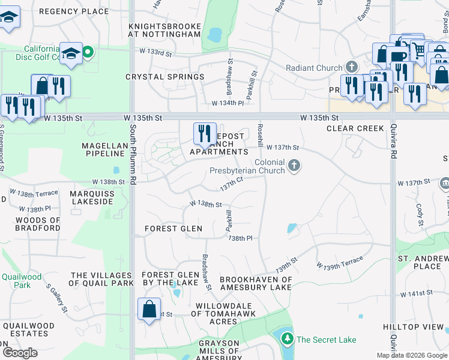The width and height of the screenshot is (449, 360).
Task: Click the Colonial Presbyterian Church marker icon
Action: point(294,166)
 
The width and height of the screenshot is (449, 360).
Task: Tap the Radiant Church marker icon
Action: point(352,68)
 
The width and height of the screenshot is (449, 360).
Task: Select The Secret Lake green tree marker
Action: point(288,340)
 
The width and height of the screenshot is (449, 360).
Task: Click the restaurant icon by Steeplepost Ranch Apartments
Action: point(204,132)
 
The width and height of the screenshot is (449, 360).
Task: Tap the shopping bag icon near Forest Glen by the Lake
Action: point(149,310)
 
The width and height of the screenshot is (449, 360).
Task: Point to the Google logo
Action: point(19,353)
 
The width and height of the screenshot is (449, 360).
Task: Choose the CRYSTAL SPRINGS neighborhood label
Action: point(164,77)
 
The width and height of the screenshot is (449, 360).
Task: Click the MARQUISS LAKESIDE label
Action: point(91,197)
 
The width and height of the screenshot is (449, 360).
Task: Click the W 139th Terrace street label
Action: point(340,262)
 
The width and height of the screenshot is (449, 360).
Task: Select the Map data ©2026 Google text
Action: point(411,355)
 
